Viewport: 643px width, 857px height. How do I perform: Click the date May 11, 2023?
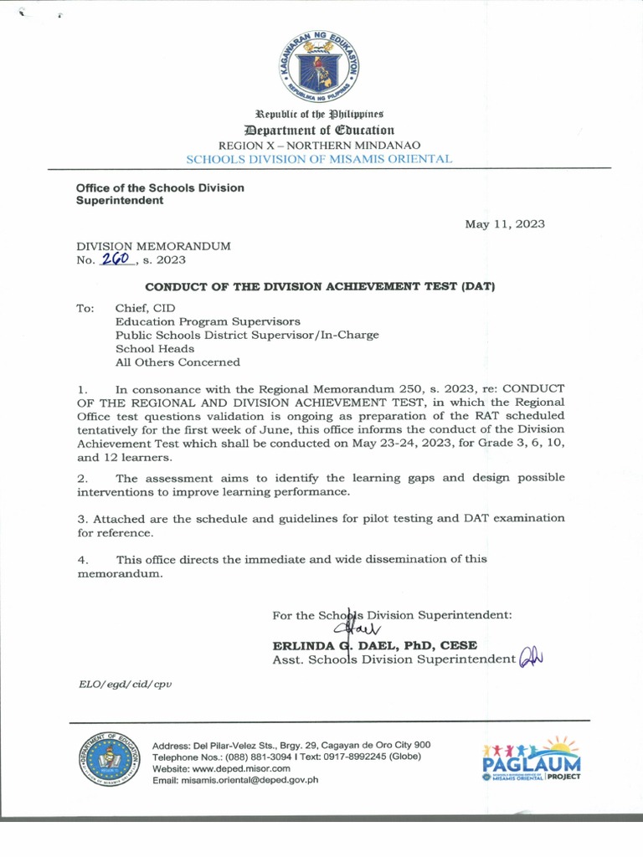[505, 223]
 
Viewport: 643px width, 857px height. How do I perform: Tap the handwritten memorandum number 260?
[117, 259]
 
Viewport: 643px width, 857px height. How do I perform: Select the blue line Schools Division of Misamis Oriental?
[319, 158]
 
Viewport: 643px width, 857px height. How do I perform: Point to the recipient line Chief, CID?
[145, 308]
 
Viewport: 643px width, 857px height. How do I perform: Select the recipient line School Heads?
[155, 349]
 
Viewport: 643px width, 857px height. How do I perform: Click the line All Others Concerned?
[177, 362]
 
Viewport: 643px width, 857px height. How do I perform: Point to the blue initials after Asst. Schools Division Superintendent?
[532, 659]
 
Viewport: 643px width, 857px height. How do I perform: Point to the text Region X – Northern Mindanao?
[321, 145]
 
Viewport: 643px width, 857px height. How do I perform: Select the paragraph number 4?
[82, 558]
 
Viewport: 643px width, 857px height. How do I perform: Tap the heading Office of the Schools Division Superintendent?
[160, 194]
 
